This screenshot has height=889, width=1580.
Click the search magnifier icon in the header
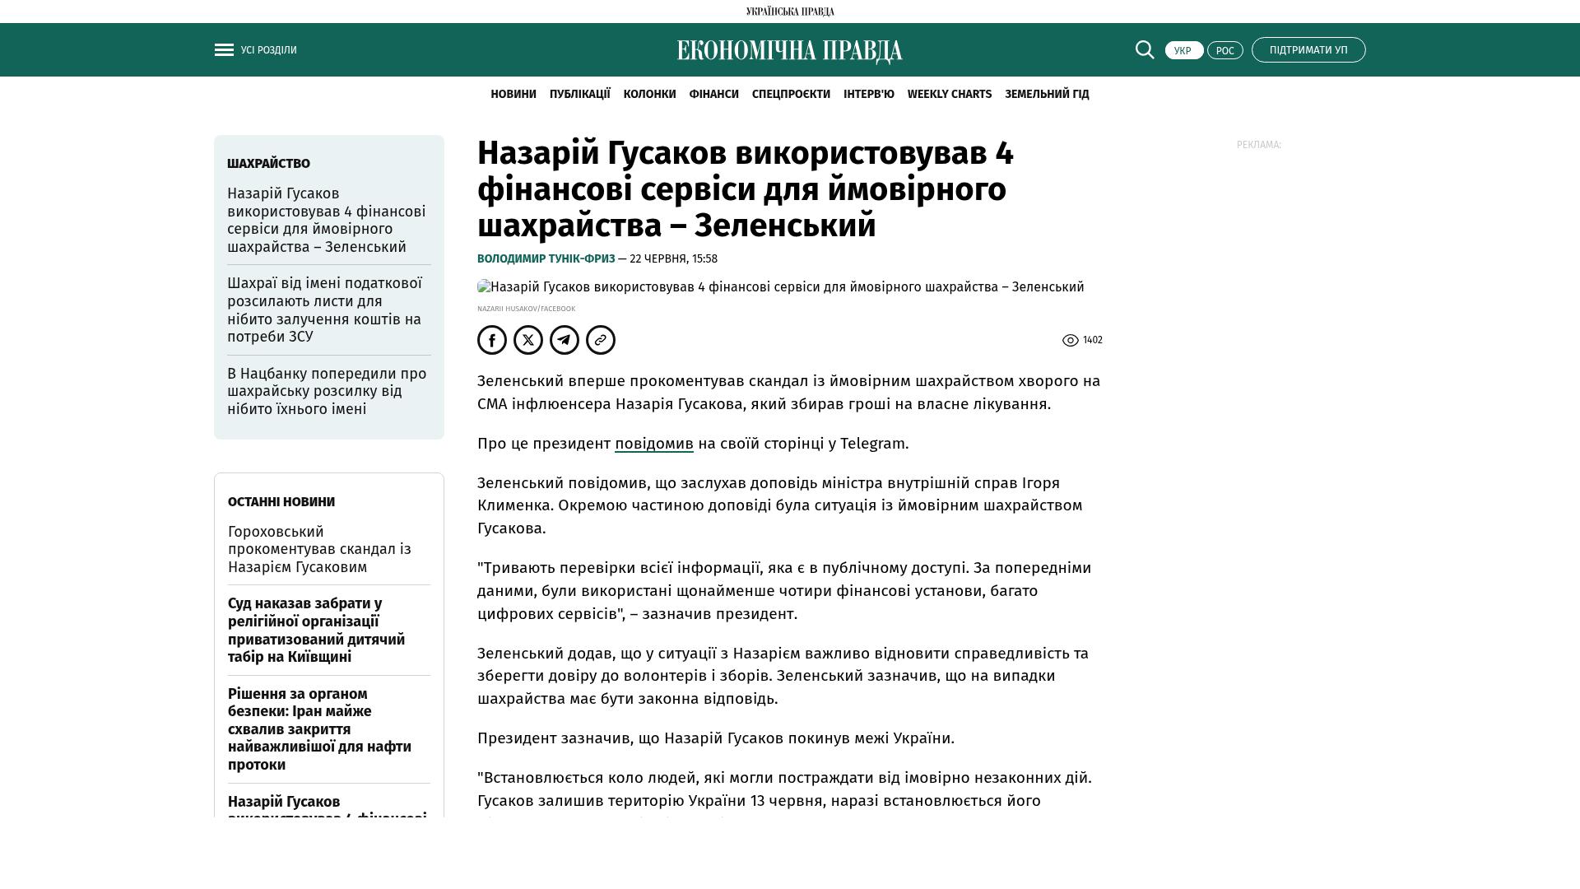pos(1145,50)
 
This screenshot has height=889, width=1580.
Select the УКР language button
pos(1183,50)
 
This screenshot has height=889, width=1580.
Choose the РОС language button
pos(1224,50)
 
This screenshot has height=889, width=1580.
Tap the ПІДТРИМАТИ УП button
pos(1308,50)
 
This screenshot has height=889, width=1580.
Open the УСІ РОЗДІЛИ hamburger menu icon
pos(224,50)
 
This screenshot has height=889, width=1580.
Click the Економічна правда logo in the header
pos(789,51)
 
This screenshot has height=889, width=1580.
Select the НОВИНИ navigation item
pos(513,95)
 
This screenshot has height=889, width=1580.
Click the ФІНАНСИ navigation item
pos(713,95)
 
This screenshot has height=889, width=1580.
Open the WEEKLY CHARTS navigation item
pos(949,95)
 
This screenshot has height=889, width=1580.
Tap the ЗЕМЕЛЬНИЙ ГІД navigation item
pos(1047,95)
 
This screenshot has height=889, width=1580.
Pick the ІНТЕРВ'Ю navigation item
pos(868,95)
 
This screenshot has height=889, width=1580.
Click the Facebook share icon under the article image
pos(492,340)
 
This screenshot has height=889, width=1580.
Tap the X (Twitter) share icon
pos(528,340)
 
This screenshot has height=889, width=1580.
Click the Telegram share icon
pos(565,340)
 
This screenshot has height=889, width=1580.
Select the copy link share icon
pos(601,340)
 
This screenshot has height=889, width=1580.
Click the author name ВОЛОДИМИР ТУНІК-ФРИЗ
pos(546,259)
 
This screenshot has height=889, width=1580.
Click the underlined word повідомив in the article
pos(653,444)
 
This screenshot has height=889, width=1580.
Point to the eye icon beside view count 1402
pos(1070,341)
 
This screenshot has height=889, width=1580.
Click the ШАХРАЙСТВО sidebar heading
pos(268,164)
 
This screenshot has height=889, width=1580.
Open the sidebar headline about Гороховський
pos(319,549)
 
